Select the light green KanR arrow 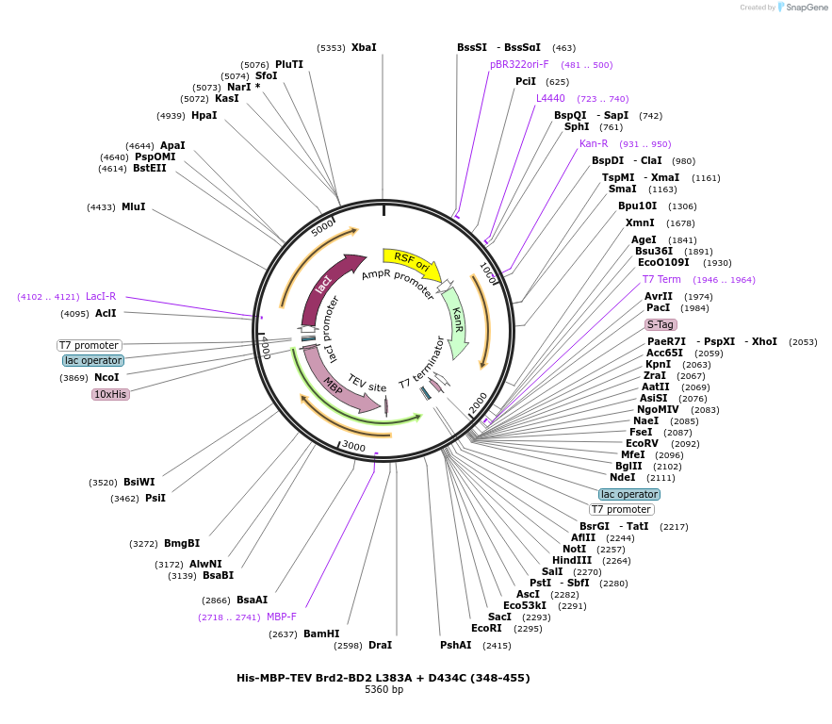click(457, 322)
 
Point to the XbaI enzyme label click(364, 47)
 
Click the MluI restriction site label click(133, 206)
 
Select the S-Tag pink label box click(661, 324)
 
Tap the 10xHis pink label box click(110, 394)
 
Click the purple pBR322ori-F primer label click(519, 64)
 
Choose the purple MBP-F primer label click(281, 617)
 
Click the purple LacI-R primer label click(101, 296)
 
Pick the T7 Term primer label click(661, 279)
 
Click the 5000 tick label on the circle click(322, 228)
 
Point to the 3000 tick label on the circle click(353, 446)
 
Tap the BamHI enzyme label click(321, 633)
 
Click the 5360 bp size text click(383, 689)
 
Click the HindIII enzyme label click(571, 561)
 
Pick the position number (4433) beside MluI click(101, 207)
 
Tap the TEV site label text click(367, 383)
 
